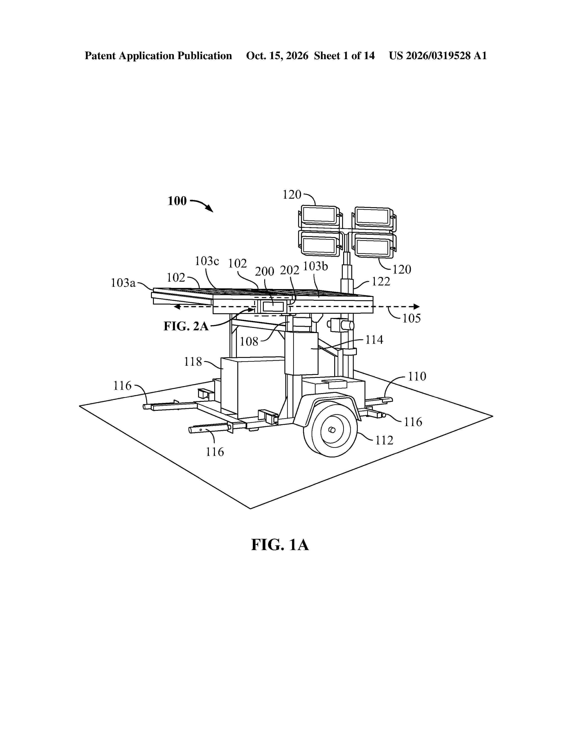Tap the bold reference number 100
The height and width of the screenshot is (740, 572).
(x=177, y=201)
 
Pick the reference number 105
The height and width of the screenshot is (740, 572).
(x=411, y=318)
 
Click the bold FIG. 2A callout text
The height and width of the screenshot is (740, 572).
(x=186, y=326)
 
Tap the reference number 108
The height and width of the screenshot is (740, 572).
(x=249, y=342)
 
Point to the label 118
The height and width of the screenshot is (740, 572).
(x=193, y=362)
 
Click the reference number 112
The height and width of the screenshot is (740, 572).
(x=384, y=440)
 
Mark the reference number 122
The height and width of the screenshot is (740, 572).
(x=381, y=281)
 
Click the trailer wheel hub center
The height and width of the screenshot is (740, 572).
(x=332, y=430)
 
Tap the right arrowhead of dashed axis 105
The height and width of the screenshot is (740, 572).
(x=417, y=307)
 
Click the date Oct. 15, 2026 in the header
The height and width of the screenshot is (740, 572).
(x=277, y=56)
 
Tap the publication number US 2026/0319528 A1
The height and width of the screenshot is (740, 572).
(x=438, y=56)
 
